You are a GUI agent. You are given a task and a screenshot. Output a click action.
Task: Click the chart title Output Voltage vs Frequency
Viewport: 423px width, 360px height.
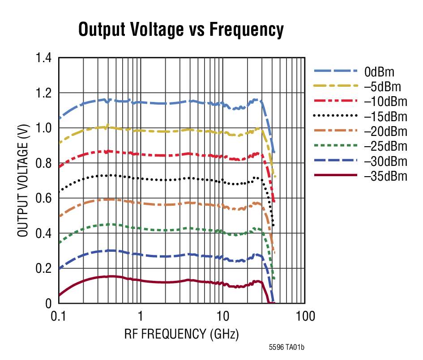click(x=181, y=30)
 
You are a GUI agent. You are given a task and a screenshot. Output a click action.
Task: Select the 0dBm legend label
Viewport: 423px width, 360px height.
click(x=379, y=72)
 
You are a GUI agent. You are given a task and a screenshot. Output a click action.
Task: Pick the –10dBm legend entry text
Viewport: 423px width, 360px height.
click(x=385, y=102)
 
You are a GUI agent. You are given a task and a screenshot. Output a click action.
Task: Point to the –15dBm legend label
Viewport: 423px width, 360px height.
click(x=385, y=117)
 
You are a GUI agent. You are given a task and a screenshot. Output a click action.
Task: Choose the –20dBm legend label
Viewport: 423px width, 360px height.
click(x=385, y=131)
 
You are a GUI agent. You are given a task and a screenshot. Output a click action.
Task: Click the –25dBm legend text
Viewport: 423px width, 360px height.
click(x=385, y=146)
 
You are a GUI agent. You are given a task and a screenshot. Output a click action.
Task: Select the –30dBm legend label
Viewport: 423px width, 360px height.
click(x=385, y=161)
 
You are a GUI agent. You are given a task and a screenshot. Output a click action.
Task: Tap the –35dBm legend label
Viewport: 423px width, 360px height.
click(x=385, y=176)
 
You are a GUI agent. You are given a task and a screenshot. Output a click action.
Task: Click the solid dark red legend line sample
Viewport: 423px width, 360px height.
click(x=336, y=176)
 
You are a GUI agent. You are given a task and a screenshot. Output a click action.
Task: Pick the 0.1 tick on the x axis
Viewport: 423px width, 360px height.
click(x=59, y=317)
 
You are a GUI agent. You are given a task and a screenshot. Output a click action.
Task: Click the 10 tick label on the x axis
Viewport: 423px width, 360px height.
click(x=222, y=317)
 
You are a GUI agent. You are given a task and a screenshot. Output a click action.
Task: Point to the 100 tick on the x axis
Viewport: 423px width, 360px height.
click(x=305, y=317)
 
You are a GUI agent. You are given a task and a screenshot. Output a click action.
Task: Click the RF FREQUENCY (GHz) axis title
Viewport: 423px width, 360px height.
click(x=181, y=334)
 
